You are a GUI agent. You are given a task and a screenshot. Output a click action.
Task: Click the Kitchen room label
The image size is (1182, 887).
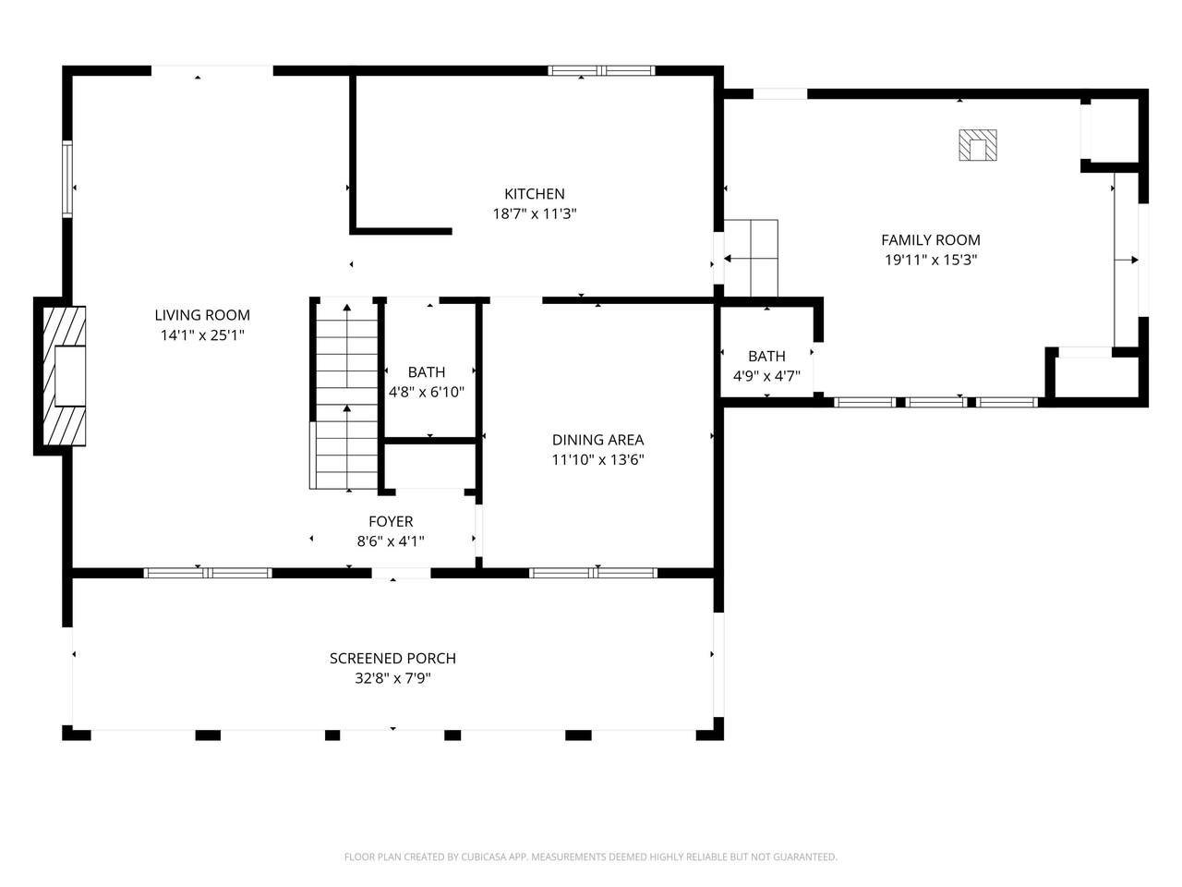[x=534, y=194]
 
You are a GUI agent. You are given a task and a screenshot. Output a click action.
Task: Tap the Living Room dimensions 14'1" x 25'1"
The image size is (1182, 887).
[x=202, y=335]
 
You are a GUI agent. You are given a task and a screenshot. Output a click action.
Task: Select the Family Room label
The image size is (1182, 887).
[x=931, y=240]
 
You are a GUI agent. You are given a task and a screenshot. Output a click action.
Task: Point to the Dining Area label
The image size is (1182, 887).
[x=597, y=440]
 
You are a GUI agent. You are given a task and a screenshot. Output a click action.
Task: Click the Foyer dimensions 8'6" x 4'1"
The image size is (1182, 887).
[x=391, y=541]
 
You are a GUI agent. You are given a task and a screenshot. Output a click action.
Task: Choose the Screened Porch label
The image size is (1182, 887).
[x=392, y=658]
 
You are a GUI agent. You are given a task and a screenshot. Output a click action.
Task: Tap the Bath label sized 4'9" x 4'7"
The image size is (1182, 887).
[x=766, y=356]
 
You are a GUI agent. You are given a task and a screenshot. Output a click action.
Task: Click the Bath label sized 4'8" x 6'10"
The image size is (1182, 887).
[x=427, y=372]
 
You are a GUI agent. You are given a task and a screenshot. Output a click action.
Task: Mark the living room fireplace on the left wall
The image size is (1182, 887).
[x=65, y=376]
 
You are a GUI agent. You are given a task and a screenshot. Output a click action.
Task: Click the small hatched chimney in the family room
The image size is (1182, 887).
[x=978, y=145]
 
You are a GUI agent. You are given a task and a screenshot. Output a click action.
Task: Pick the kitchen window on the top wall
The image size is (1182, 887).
[x=601, y=70]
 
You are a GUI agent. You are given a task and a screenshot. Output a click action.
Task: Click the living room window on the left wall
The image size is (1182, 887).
[x=67, y=179]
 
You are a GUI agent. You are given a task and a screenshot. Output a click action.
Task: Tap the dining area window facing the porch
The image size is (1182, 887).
[x=593, y=573]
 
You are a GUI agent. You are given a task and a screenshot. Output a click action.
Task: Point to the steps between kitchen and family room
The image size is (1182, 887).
[x=751, y=258]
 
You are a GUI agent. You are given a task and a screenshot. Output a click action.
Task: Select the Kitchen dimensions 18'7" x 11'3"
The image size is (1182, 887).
[x=535, y=214]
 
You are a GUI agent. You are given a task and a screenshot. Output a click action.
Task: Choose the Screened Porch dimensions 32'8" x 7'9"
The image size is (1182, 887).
[x=392, y=678]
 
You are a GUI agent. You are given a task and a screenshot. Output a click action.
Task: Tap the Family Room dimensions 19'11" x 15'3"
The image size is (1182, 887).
[x=931, y=261]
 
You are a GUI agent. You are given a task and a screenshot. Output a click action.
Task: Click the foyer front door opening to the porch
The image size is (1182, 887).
[x=401, y=573]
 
